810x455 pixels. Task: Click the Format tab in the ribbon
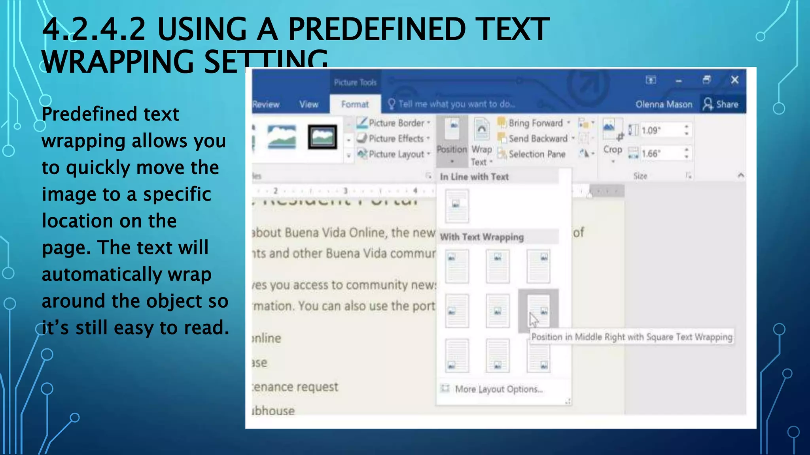[355, 104]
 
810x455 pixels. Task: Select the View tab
[308, 104]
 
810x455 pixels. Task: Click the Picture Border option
[396, 123]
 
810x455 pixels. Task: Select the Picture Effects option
[396, 139]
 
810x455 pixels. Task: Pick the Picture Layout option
[396, 154]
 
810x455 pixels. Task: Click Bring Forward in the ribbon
[535, 123]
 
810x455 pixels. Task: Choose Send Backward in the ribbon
[537, 139]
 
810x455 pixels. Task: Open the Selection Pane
[536, 154]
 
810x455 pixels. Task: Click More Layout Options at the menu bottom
[498, 389]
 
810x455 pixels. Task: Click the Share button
[721, 104]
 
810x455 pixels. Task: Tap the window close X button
[734, 80]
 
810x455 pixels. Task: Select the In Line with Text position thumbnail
[457, 206]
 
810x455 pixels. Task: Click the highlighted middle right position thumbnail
[538, 310]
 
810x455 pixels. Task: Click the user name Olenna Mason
[664, 104]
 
